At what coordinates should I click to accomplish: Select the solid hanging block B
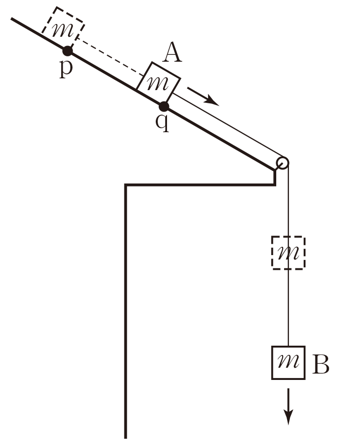click(x=288, y=362)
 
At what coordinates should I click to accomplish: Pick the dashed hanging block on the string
click(x=288, y=253)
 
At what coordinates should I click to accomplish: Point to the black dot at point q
click(x=164, y=106)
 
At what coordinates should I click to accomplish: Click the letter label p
click(x=66, y=68)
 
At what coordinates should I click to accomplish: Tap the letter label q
click(x=162, y=122)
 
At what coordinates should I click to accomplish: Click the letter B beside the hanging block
click(x=321, y=364)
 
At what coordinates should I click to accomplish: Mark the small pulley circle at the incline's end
click(x=282, y=163)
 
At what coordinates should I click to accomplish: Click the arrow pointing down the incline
click(x=203, y=96)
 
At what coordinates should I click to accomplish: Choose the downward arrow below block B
click(x=289, y=406)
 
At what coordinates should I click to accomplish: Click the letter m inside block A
click(x=157, y=84)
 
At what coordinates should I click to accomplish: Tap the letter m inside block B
click(x=288, y=363)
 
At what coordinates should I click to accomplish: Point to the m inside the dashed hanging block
click(x=288, y=254)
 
